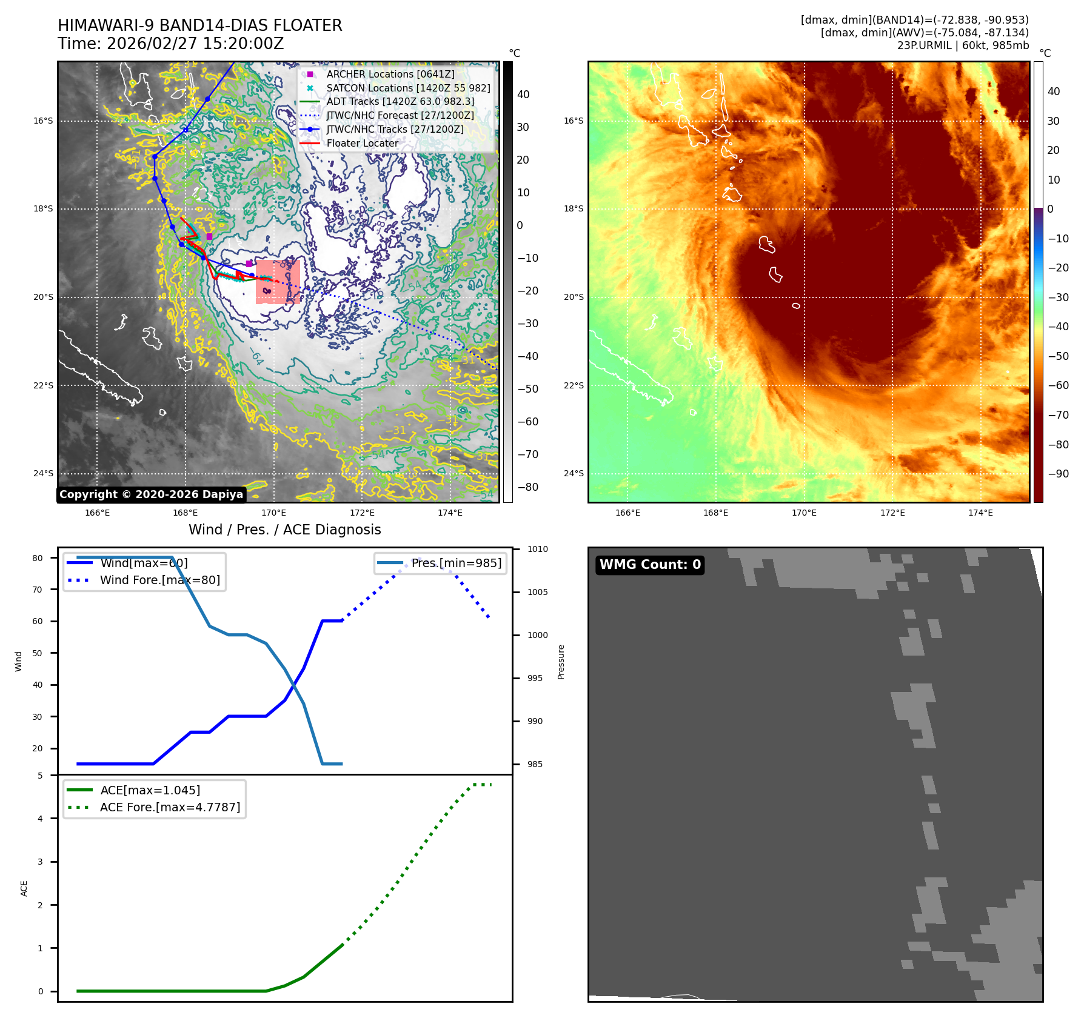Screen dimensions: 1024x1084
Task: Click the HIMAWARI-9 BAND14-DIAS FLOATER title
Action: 199,25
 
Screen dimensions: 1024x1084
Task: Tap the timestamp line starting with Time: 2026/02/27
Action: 170,44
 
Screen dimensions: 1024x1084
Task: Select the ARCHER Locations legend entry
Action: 390,74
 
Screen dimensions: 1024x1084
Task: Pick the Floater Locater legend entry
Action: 362,144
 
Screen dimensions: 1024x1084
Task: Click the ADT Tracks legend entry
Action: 400,102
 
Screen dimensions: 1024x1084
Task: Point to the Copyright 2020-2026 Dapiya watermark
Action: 151,494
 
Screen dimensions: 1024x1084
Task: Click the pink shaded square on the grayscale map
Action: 278,282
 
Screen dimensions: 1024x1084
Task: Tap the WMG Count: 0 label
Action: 650,565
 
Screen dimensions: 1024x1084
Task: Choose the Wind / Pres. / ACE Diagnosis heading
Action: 285,530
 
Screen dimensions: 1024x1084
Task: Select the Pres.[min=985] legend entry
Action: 456,563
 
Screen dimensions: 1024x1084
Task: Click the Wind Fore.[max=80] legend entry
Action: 159,580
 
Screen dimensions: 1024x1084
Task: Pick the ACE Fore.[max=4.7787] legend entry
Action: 170,807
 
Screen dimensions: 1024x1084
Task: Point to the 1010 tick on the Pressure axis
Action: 537,550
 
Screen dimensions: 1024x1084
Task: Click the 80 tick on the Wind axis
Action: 38,558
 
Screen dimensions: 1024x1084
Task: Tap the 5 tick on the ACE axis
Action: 40,776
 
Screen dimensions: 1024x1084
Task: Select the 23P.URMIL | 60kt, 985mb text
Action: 963,45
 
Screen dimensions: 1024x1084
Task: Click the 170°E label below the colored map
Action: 804,513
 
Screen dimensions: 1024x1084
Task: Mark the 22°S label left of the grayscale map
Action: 43,385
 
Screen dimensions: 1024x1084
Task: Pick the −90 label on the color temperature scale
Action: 1059,474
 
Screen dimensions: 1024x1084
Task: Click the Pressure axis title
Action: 561,662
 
